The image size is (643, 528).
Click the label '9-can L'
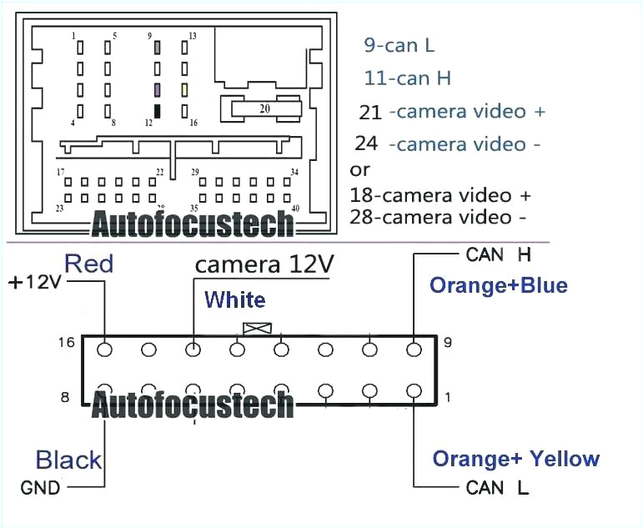[399, 45]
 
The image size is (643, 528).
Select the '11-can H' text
[408, 78]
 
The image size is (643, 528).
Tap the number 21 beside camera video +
[369, 112]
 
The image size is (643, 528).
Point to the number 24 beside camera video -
[366, 143]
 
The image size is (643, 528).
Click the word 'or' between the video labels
[360, 170]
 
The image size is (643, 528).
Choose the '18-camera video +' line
[440, 195]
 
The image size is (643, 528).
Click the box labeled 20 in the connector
[264, 108]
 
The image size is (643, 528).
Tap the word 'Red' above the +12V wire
[88, 264]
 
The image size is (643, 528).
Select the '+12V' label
[35, 282]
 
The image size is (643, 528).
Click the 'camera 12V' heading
[264, 264]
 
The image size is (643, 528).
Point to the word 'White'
[235, 299]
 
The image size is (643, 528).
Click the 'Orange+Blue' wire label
[499, 286]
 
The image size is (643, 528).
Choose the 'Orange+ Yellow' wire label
[515, 458]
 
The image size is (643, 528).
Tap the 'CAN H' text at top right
[499, 254]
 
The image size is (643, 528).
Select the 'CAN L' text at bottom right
[498, 488]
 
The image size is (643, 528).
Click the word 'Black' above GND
[68, 460]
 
